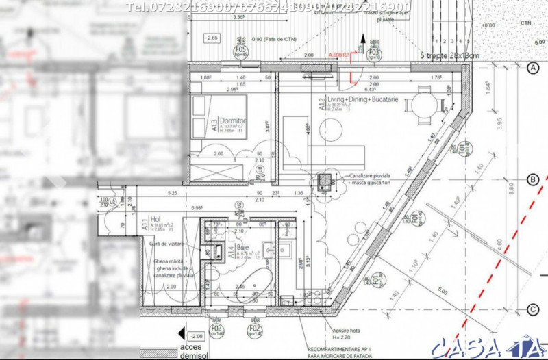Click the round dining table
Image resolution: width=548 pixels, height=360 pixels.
[x=425, y=105]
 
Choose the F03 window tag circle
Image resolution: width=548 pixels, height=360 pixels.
[x=374, y=53]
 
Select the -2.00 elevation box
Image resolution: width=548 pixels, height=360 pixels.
[x=196, y=337]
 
